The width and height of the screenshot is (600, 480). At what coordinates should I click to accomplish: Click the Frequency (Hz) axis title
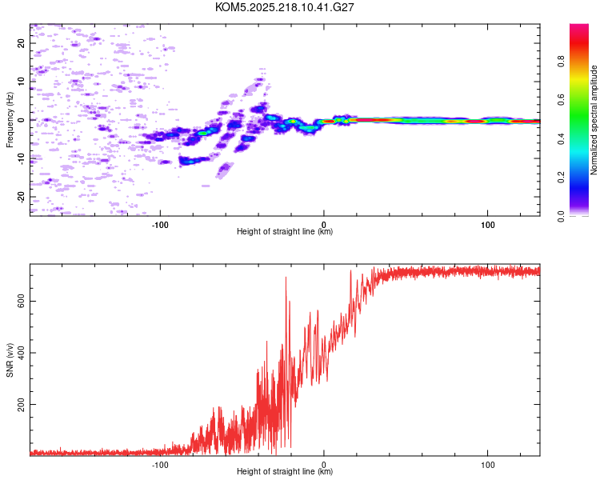[10, 120]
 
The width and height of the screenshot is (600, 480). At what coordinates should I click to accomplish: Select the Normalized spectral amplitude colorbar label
[594, 120]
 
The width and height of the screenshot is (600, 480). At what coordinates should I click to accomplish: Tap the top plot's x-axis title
[285, 231]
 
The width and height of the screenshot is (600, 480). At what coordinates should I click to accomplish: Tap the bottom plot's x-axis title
[285, 471]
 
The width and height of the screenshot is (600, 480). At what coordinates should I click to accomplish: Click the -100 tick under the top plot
[160, 223]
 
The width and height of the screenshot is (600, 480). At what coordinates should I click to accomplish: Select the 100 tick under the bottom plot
[488, 463]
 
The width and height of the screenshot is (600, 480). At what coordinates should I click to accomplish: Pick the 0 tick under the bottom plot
[324, 463]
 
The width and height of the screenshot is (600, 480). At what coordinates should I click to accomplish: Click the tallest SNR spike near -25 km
[286, 278]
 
